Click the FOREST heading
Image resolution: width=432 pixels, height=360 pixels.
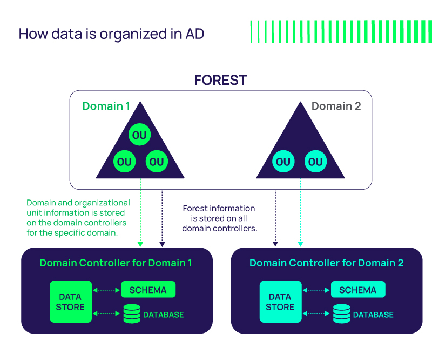pyautogui.click(x=220, y=81)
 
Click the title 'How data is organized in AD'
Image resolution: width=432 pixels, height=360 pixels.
pyautogui.click(x=111, y=34)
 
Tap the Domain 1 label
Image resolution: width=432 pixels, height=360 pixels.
pyautogui.click(x=106, y=106)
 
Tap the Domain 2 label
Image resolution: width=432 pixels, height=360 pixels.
pyautogui.click(x=336, y=106)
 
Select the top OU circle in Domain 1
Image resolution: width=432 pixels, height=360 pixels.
pyautogui.click(x=139, y=135)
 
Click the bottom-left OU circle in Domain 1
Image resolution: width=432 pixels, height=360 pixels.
pyautogui.click(x=124, y=162)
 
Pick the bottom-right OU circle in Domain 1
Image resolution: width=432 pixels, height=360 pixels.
pyautogui.click(x=156, y=162)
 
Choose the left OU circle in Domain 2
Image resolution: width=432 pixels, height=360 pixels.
pyautogui.click(x=283, y=162)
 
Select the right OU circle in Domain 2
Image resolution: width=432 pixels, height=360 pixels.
pyautogui.click(x=315, y=162)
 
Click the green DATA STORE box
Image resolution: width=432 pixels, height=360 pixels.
pyautogui.click(x=70, y=302)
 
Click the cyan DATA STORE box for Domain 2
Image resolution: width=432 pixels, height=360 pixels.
pyautogui.click(x=280, y=302)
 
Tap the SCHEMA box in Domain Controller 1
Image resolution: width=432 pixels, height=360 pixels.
pyautogui.click(x=148, y=290)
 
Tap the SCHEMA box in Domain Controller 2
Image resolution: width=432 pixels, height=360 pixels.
pyautogui.click(x=357, y=290)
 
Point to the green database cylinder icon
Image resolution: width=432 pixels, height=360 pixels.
pyautogui.click(x=132, y=314)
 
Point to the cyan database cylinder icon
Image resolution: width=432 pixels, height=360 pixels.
pyautogui.click(x=341, y=314)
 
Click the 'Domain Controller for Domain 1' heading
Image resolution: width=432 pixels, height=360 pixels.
pyautogui.click(x=116, y=263)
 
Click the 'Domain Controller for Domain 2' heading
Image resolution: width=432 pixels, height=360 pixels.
pyautogui.click(x=326, y=263)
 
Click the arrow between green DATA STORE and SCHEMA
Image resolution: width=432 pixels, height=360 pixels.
pyautogui.click(x=106, y=290)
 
